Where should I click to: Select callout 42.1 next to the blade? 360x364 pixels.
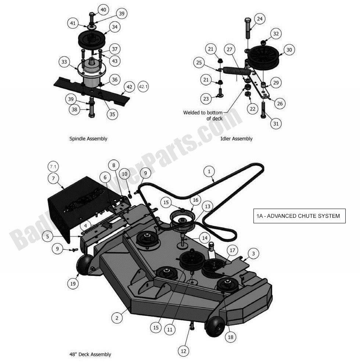click(143, 87)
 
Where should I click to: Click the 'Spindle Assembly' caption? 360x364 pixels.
click(88, 139)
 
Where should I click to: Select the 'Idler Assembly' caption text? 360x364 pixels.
click(236, 139)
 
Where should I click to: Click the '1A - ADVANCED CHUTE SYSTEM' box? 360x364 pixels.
click(299, 216)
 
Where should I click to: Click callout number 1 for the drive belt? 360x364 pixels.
click(209, 171)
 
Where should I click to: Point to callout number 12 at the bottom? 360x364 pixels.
click(184, 351)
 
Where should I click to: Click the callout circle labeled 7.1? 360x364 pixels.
click(53, 167)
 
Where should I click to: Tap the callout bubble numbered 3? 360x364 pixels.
click(253, 253)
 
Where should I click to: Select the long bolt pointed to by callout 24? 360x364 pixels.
click(248, 29)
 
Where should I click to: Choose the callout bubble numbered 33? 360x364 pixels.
click(65, 62)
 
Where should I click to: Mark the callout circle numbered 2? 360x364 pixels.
click(117, 318)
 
